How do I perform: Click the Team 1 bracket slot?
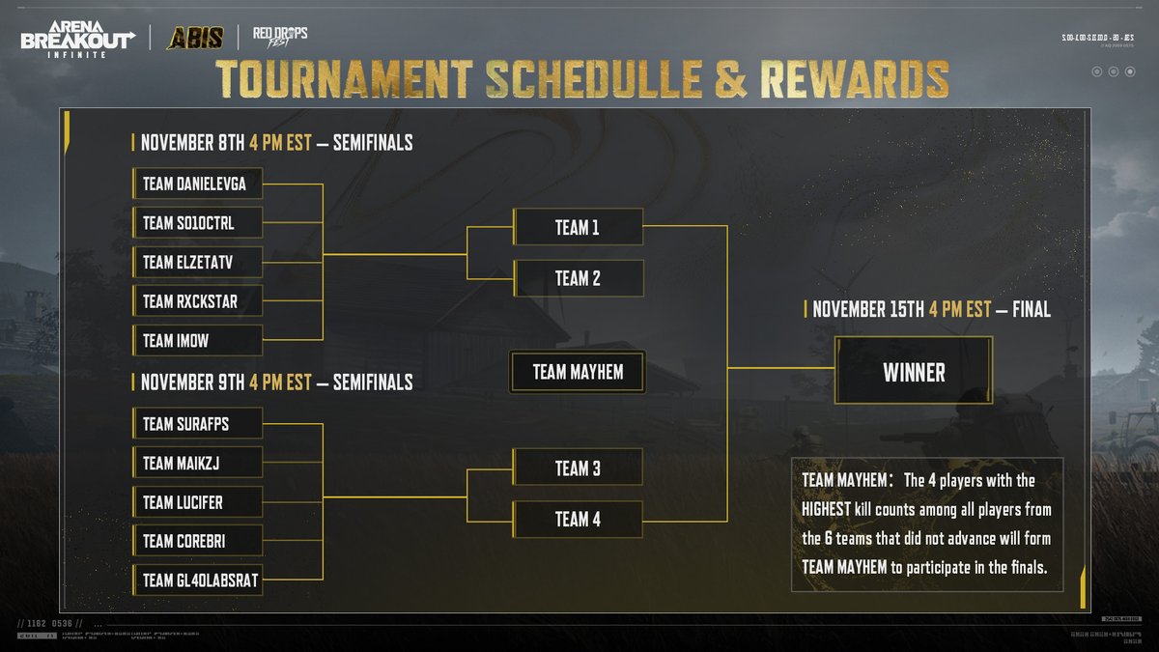578,228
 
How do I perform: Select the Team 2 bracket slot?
578,278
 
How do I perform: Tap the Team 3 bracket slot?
578,468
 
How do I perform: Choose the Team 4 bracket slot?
578,519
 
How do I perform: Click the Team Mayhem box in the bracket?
578,372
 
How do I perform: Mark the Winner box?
914,372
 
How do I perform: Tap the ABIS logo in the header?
195,38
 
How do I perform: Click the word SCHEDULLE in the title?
592,80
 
